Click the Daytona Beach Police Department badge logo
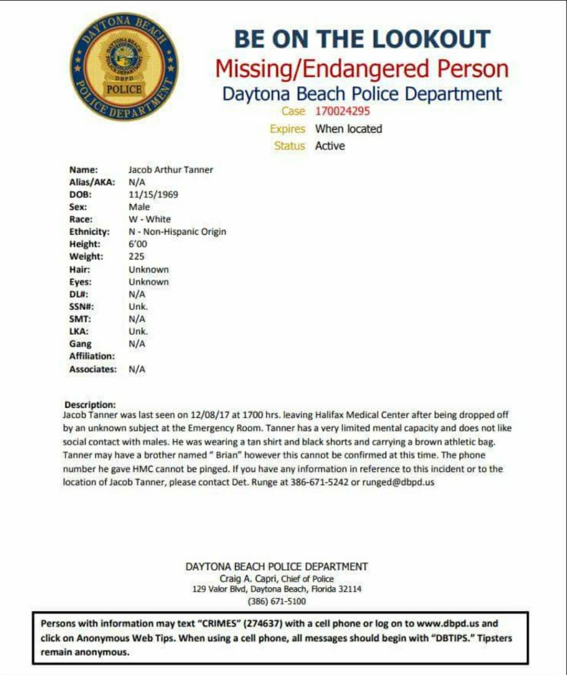point(124,67)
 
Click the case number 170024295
point(342,111)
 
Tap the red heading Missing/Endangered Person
point(362,69)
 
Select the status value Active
point(330,146)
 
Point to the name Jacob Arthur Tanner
point(171,170)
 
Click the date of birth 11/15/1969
point(153,195)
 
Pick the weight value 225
point(136,257)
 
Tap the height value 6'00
point(138,244)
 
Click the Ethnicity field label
point(89,232)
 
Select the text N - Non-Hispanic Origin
point(177,232)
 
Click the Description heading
point(90,405)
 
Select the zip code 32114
point(349,589)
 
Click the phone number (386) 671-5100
point(276,601)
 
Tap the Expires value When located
point(348,129)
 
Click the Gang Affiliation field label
point(91,350)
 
